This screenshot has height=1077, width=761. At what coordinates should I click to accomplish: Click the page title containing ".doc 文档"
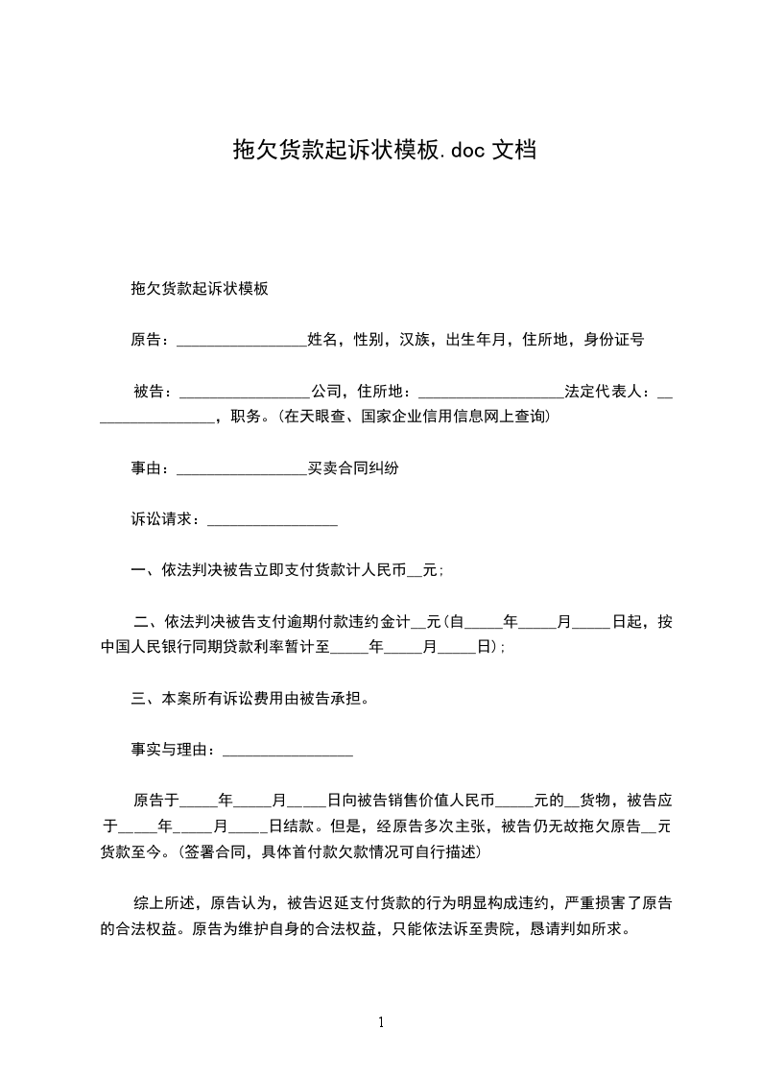(x=385, y=150)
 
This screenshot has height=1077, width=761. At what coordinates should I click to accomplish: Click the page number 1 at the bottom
(x=381, y=1022)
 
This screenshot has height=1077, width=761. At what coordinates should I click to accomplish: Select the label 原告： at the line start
(x=152, y=339)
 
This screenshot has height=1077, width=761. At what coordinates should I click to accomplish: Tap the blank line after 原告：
(x=242, y=341)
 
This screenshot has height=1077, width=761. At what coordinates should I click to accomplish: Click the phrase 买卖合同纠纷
(x=352, y=468)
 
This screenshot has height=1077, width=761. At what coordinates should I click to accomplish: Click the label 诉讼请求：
(x=167, y=520)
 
